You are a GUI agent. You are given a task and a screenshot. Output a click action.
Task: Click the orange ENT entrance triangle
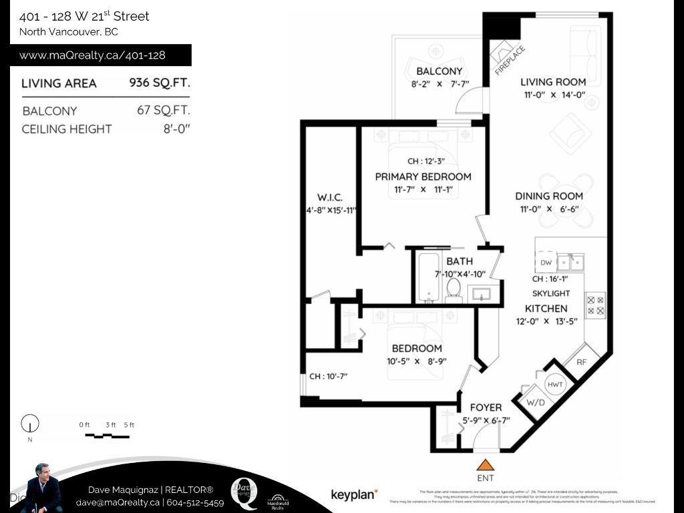(x=486, y=465)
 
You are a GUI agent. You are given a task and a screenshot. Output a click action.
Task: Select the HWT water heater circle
(x=554, y=385)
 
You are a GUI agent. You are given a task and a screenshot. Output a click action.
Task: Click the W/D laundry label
(x=535, y=403)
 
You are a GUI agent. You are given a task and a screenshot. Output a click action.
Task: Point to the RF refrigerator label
(x=581, y=361)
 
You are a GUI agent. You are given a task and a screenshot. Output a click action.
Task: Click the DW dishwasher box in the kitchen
(x=546, y=263)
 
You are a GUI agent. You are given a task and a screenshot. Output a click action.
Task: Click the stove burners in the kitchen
(x=595, y=305)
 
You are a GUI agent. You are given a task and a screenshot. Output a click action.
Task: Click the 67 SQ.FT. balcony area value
(x=163, y=110)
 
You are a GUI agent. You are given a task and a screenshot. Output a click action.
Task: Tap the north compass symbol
(x=30, y=424)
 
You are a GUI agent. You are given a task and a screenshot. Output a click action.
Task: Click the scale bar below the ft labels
(x=107, y=436)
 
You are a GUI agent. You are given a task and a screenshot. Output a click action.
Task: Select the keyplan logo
(x=354, y=494)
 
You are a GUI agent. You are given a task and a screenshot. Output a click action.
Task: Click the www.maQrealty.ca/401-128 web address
(x=92, y=55)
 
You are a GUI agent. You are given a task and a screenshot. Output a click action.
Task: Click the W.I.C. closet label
(x=330, y=198)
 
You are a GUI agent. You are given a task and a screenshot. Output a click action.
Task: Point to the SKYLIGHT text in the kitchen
(x=551, y=293)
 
